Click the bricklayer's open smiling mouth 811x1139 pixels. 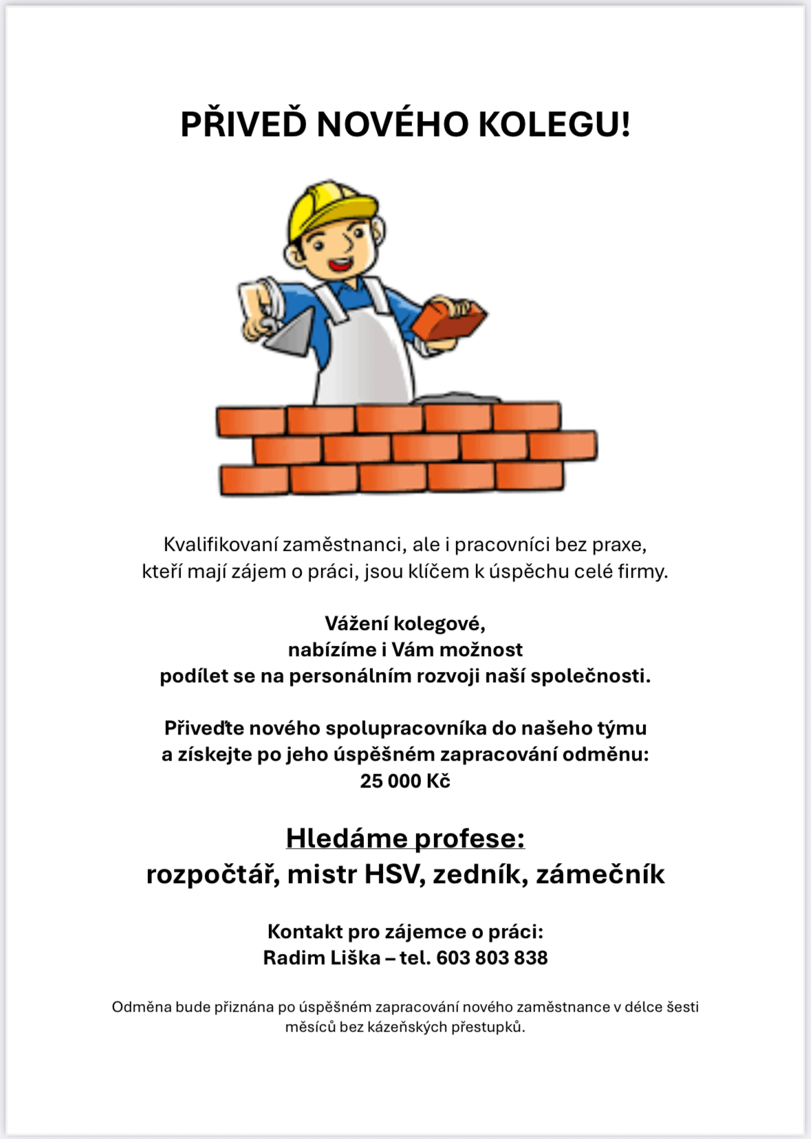coord(339,263)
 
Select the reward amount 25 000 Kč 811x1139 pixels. coord(405,781)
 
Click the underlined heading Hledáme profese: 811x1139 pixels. coord(405,838)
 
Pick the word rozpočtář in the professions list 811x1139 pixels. coord(213,875)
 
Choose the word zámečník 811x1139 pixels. coord(601,875)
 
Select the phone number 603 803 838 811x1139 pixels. coord(492,958)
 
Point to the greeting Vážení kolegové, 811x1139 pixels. coord(405,624)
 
